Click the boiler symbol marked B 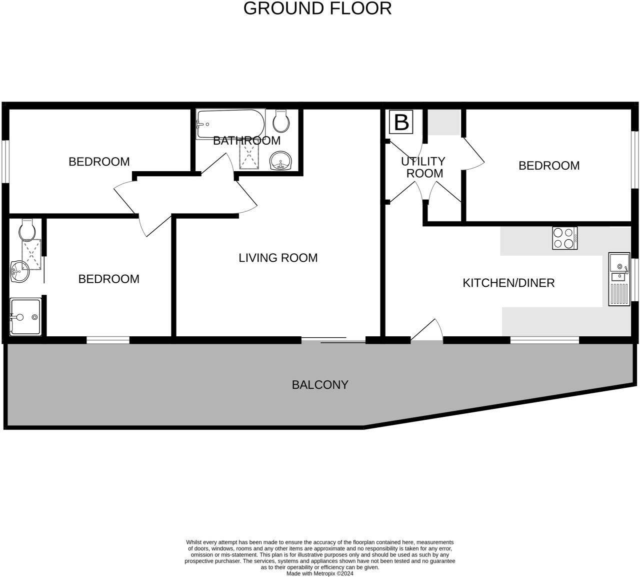click(401, 122)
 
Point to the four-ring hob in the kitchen click(564, 238)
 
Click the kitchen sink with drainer click(619, 279)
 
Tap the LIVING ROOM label click(278, 258)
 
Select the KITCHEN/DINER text click(508, 283)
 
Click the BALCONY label click(320, 385)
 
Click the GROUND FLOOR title click(317, 9)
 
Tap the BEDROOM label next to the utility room click(549, 166)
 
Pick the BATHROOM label click(246, 141)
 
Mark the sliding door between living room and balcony click(333, 340)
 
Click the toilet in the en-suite click(26, 229)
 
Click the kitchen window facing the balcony click(544, 340)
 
